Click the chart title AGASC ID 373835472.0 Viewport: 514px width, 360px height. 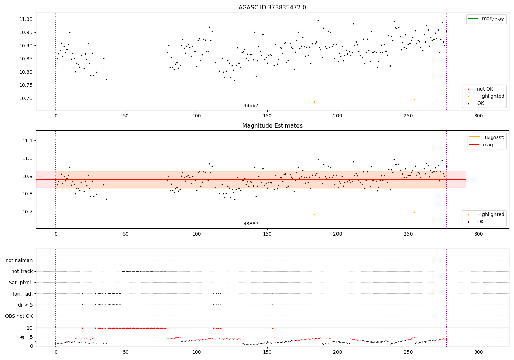(272, 8)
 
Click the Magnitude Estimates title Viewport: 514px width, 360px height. (272, 126)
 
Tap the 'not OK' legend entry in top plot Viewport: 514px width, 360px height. (485, 89)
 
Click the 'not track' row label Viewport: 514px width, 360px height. (22, 271)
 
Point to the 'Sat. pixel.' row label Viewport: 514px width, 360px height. (21, 283)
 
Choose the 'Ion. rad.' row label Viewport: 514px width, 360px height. (23, 294)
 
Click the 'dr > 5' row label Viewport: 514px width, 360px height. (25, 305)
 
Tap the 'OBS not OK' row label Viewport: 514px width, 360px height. (19, 316)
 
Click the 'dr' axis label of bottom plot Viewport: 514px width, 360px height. (22, 337)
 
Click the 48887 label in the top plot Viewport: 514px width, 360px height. (251, 106)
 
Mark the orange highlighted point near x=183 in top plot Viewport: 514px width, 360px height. (314, 102)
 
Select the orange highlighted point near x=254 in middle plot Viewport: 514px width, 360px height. (414, 212)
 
